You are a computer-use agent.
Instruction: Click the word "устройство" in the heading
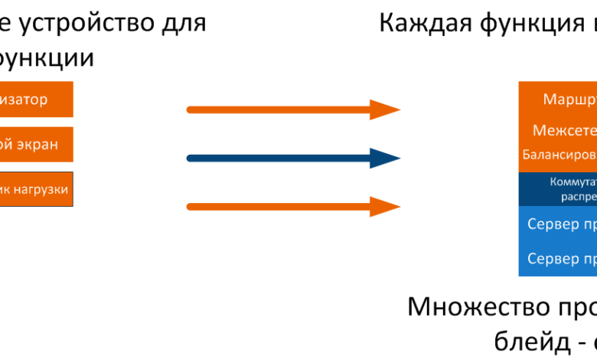click(x=84, y=23)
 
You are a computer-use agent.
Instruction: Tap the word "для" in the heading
click(x=184, y=23)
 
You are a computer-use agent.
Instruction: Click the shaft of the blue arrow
click(x=276, y=159)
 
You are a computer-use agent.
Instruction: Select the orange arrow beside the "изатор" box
click(x=291, y=110)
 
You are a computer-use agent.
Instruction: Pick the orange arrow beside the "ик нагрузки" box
click(x=291, y=206)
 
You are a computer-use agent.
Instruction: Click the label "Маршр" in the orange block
click(x=569, y=100)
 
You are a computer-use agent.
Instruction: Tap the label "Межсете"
click(x=565, y=131)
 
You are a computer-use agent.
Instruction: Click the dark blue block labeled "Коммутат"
click(x=557, y=189)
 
